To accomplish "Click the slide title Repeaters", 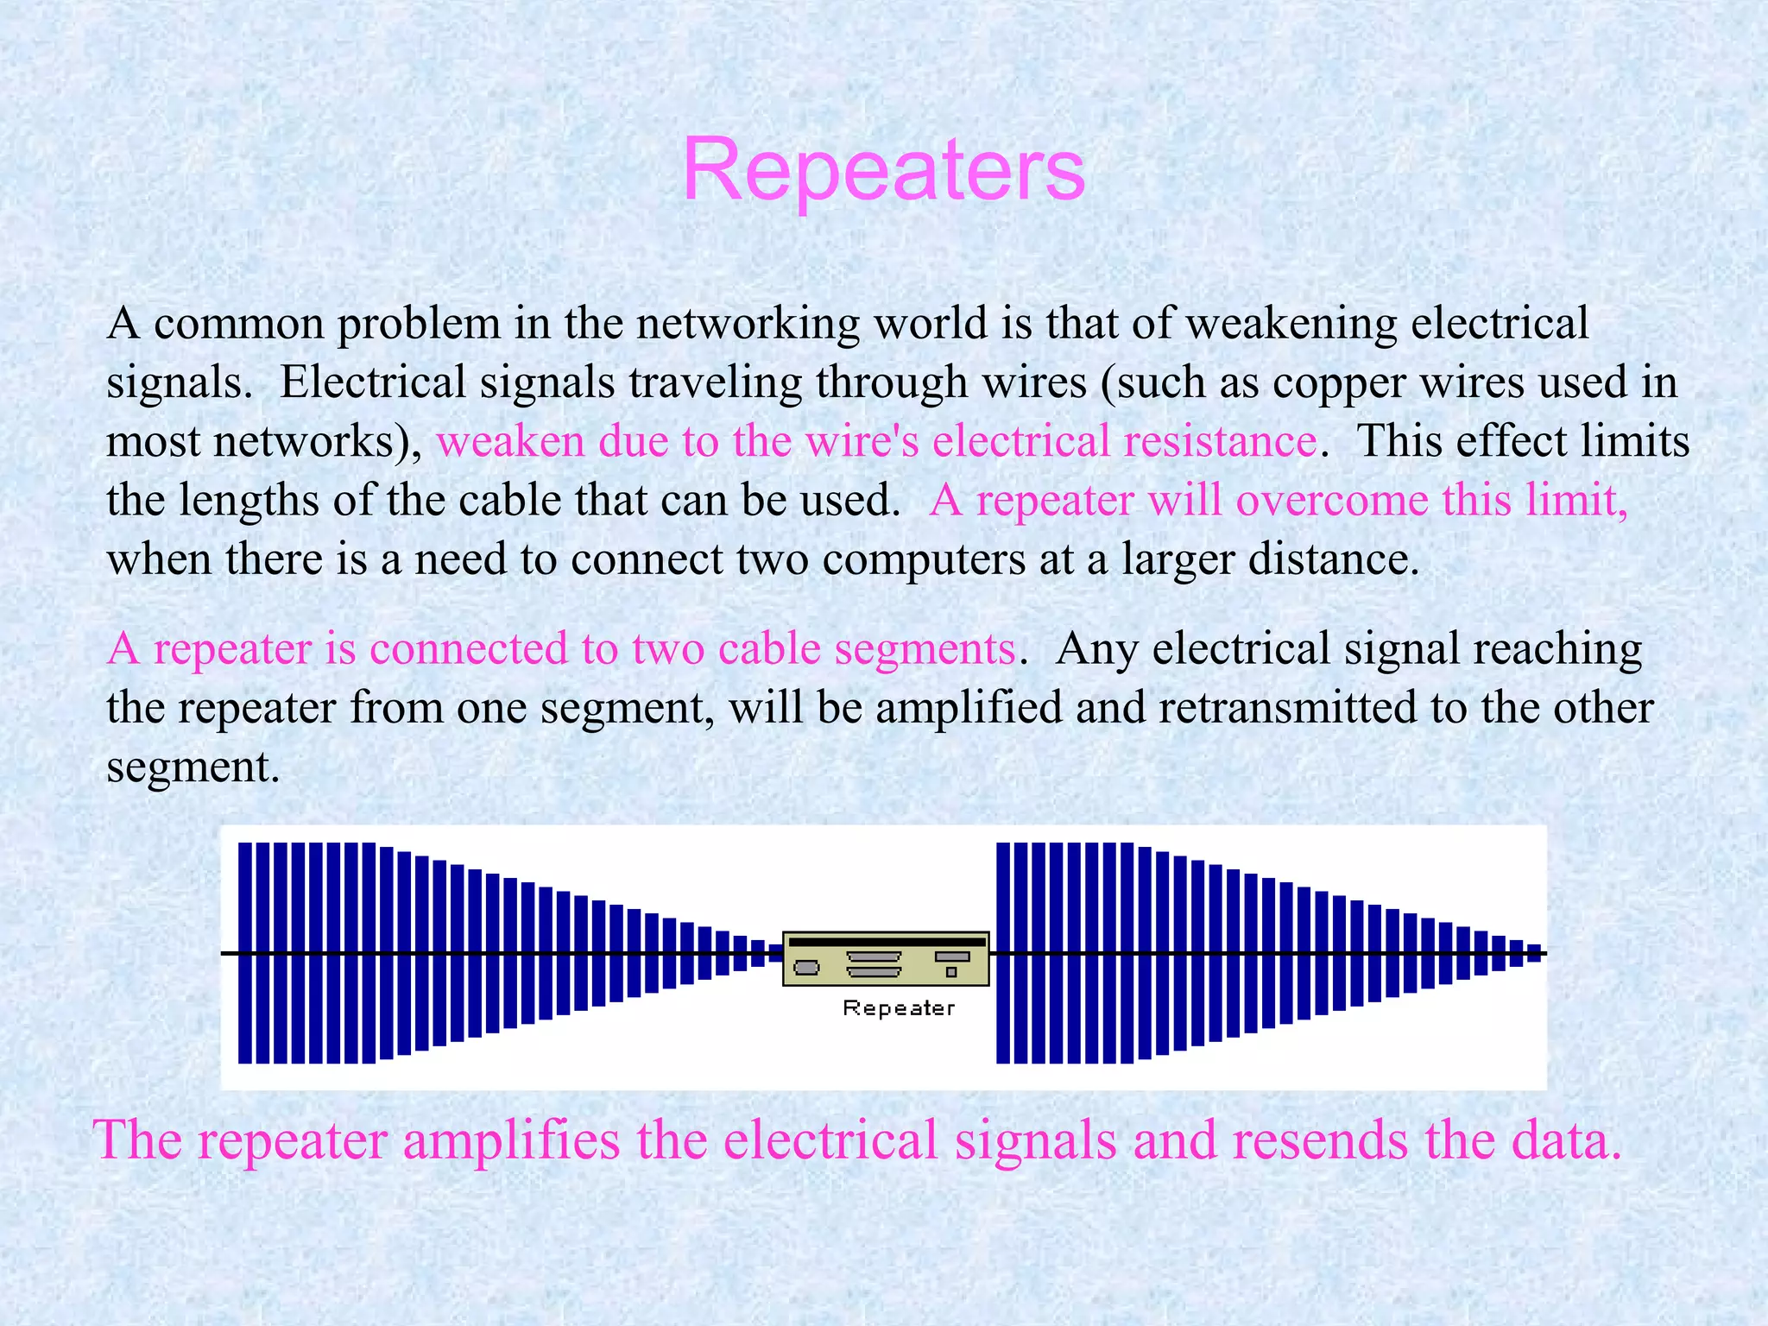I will point(883,170).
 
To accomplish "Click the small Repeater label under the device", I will point(899,1007).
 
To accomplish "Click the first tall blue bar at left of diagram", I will point(245,953).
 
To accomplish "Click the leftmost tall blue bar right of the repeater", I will point(1003,953).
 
